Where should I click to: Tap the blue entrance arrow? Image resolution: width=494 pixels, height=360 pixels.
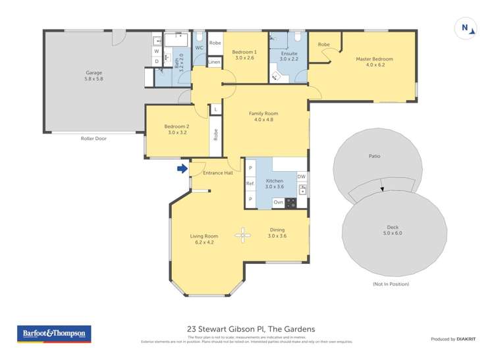click(182, 170)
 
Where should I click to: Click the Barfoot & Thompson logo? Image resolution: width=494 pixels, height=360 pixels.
click(53, 334)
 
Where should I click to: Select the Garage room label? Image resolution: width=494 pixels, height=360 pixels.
click(94, 73)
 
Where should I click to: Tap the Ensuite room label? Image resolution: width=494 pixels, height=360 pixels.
click(288, 53)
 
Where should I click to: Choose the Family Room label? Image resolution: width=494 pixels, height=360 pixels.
click(263, 114)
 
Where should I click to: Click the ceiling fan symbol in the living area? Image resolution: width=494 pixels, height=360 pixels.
click(244, 234)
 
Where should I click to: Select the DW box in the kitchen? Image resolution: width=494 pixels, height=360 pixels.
click(301, 176)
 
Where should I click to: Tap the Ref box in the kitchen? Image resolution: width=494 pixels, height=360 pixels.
click(250, 184)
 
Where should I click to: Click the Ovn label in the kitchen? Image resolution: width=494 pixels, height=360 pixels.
click(278, 202)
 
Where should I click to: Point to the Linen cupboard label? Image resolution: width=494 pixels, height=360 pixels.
click(214, 62)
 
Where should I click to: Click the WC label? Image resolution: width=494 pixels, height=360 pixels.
click(198, 48)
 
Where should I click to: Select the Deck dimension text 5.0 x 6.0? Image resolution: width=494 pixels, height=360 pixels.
click(393, 233)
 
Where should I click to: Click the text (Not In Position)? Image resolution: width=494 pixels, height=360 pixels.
click(391, 284)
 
